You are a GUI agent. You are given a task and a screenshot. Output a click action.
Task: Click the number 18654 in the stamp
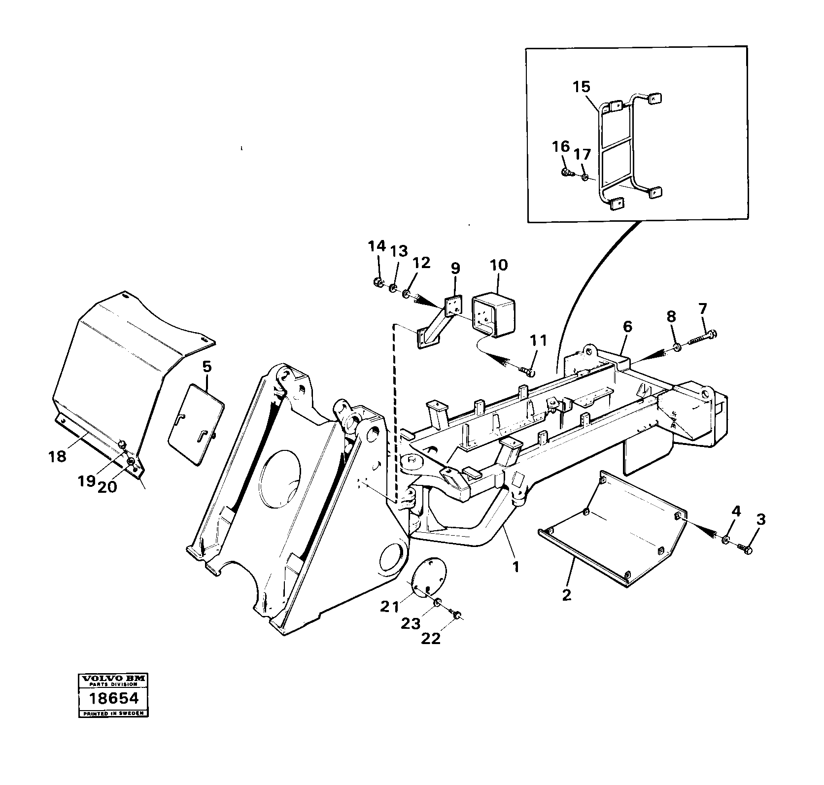pos(113,699)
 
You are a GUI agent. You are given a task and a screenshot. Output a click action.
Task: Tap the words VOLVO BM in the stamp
pos(113,679)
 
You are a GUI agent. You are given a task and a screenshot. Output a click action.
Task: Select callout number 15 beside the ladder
pos(581,87)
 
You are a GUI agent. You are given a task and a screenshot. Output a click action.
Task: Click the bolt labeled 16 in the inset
pos(566,172)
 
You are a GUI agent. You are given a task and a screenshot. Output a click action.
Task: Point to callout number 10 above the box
pos(498,265)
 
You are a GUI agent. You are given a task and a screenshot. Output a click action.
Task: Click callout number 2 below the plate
pos(567,595)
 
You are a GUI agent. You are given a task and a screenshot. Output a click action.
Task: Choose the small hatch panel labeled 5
pos(196,424)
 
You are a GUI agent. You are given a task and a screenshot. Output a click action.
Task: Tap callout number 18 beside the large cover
pos(58,457)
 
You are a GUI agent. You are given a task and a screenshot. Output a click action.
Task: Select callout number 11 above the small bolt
pos(539,340)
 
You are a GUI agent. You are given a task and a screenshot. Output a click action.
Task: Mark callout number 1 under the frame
pos(515,567)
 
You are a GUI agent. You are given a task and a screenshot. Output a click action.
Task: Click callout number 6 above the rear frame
pos(627,326)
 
